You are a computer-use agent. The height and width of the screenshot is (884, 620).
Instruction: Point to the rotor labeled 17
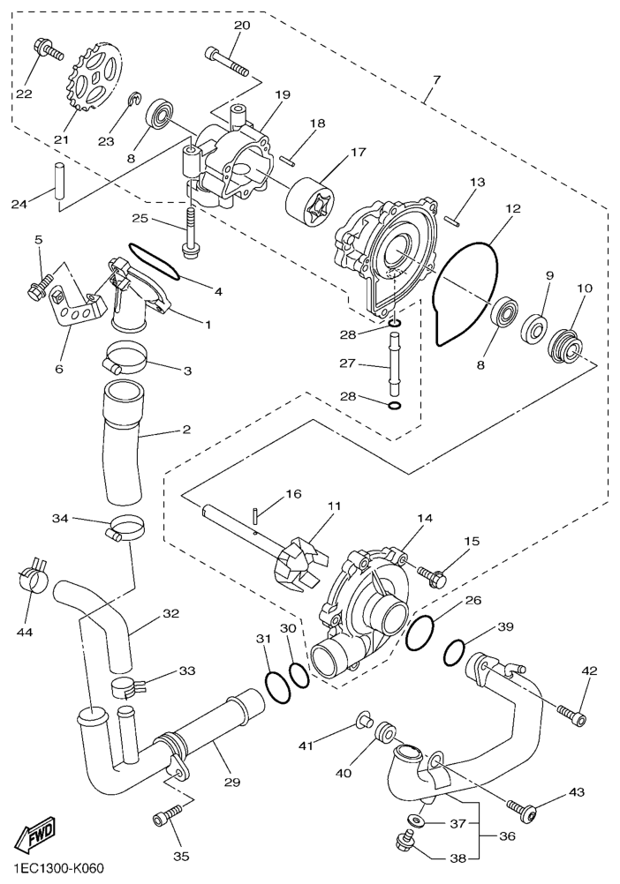[x=310, y=200]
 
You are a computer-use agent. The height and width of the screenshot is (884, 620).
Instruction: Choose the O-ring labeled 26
[x=420, y=632]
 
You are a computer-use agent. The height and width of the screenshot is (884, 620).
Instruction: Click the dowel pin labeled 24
[x=58, y=181]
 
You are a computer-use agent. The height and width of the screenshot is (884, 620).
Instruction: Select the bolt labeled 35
[x=168, y=814]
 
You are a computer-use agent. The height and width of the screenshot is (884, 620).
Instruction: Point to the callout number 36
[x=507, y=835]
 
